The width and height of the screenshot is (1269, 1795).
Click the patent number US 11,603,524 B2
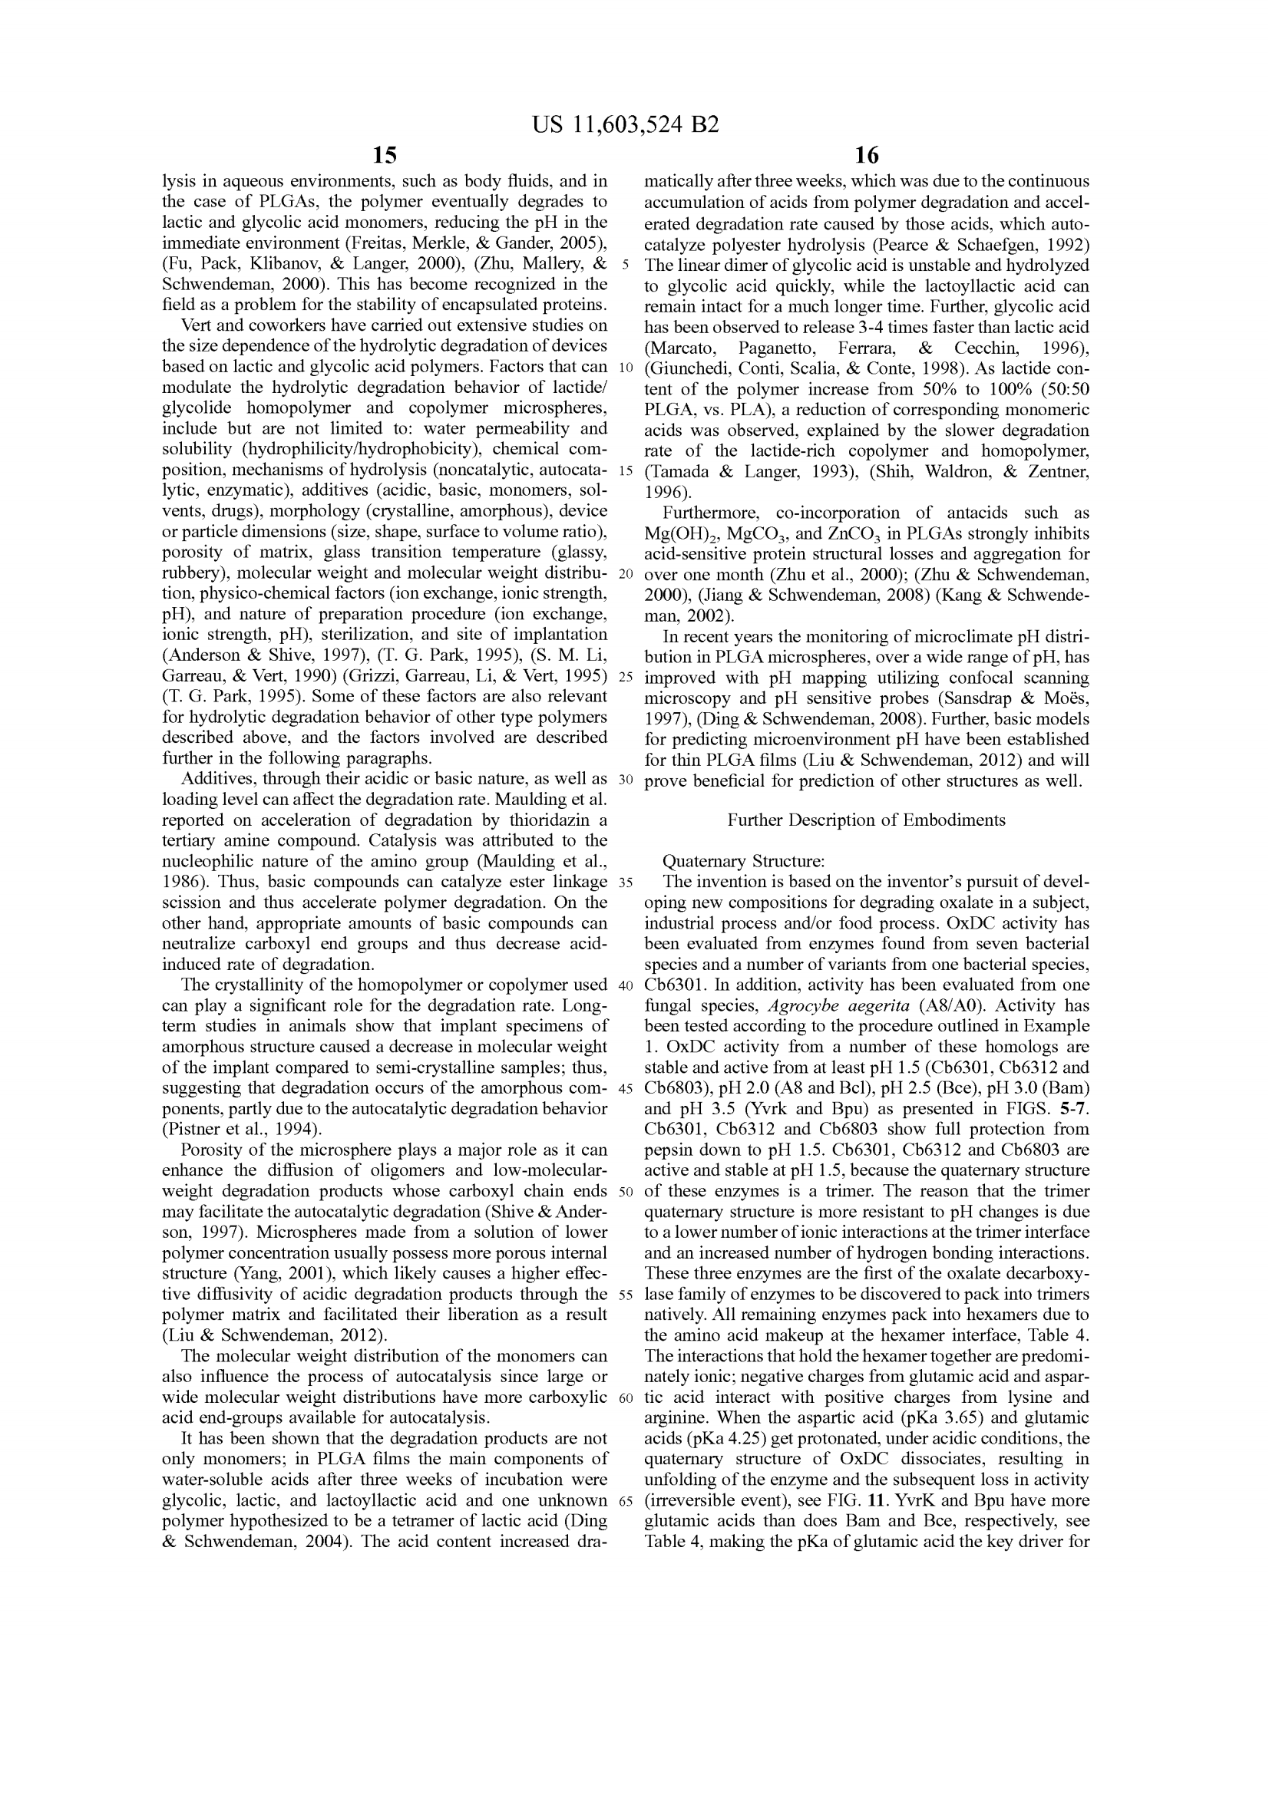[625, 125]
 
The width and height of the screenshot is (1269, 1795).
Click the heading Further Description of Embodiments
[866, 820]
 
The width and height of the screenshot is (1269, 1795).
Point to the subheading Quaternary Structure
[743, 862]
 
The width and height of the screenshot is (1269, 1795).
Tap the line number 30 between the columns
[625, 780]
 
